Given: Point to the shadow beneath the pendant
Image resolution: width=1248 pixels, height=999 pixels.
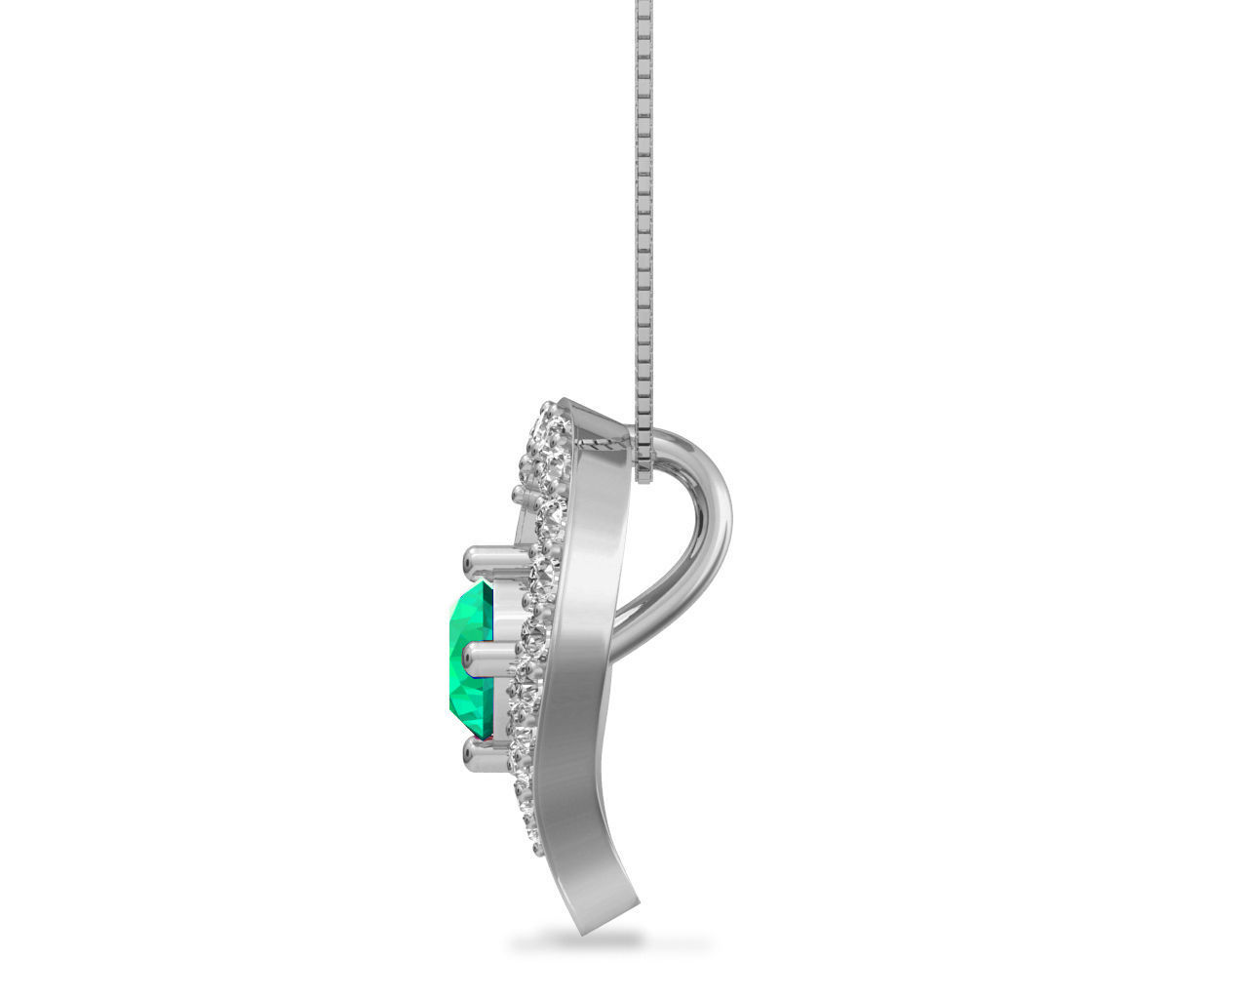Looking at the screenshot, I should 581,941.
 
